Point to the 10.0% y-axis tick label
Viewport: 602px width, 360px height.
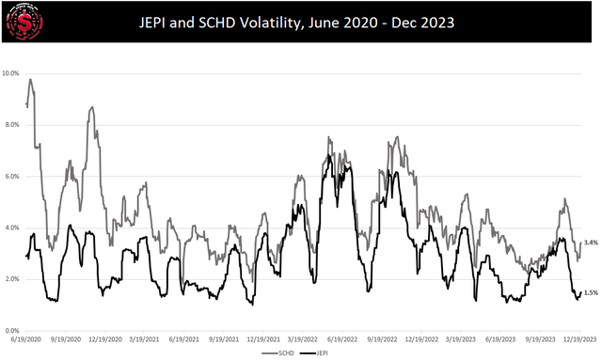point(11,72)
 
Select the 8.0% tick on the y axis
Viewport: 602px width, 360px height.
point(12,124)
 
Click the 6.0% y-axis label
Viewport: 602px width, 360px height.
point(12,176)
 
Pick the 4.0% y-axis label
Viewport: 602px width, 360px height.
point(12,227)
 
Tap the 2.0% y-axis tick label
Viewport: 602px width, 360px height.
point(12,279)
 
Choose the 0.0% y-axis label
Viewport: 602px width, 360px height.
point(12,331)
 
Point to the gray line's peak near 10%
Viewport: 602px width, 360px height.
point(31,80)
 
